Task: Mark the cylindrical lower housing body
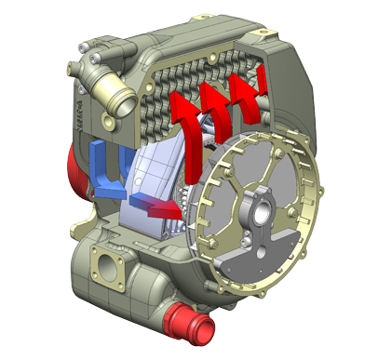[x=140, y=279]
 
